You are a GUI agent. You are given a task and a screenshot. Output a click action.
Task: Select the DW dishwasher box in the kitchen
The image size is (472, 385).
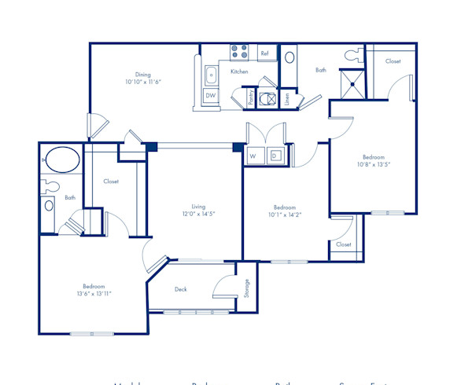click(x=211, y=95)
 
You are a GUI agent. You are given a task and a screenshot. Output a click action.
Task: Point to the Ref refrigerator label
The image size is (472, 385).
click(x=264, y=54)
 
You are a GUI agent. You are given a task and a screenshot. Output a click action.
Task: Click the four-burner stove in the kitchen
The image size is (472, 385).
click(x=239, y=53)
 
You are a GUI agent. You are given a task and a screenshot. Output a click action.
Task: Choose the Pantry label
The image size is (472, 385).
click(x=250, y=97)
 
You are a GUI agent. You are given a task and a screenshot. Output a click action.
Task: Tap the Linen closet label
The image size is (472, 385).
click(x=287, y=98)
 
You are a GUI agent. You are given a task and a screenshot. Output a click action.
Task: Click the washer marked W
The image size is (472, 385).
click(x=253, y=156)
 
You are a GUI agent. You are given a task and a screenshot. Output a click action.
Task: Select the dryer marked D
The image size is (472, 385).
click(x=275, y=156)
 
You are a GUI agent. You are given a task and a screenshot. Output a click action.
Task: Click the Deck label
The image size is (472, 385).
click(x=181, y=289)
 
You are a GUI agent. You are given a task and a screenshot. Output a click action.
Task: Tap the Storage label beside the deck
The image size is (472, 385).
click(x=246, y=288)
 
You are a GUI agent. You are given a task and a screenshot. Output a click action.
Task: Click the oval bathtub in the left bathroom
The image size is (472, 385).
click(x=60, y=160)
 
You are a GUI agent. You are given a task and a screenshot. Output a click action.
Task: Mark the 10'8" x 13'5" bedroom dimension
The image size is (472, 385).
click(x=374, y=165)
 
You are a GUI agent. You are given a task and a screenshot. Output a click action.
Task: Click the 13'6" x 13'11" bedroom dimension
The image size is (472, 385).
click(x=94, y=294)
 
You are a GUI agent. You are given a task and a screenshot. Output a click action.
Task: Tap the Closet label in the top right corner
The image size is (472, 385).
click(x=393, y=60)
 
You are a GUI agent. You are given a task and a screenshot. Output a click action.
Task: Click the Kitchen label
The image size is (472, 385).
click(x=239, y=71)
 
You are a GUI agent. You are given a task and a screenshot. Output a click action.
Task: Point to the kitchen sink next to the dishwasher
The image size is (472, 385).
click(x=211, y=75)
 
